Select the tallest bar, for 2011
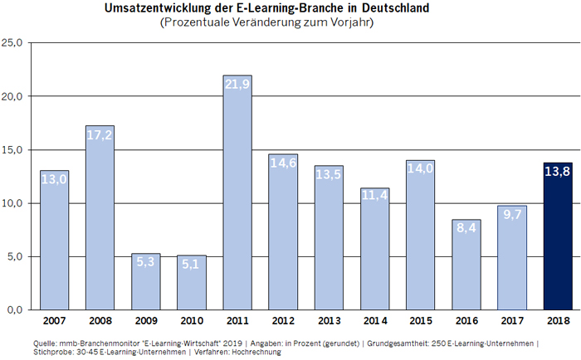click(237, 199)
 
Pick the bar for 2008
click(100, 224)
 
